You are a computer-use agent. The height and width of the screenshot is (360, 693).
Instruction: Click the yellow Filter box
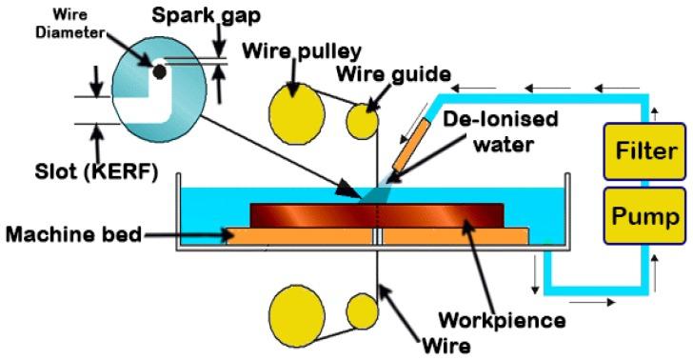[x=648, y=151]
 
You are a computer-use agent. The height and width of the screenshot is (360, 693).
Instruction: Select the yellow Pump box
[x=648, y=217]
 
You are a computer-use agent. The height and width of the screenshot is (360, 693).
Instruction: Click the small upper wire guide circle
[x=361, y=121]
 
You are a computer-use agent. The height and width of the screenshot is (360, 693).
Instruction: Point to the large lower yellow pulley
[x=296, y=312]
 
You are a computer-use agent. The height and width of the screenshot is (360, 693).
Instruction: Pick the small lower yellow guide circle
[x=361, y=311]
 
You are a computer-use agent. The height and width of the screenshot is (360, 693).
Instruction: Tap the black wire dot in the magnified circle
[x=159, y=70]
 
